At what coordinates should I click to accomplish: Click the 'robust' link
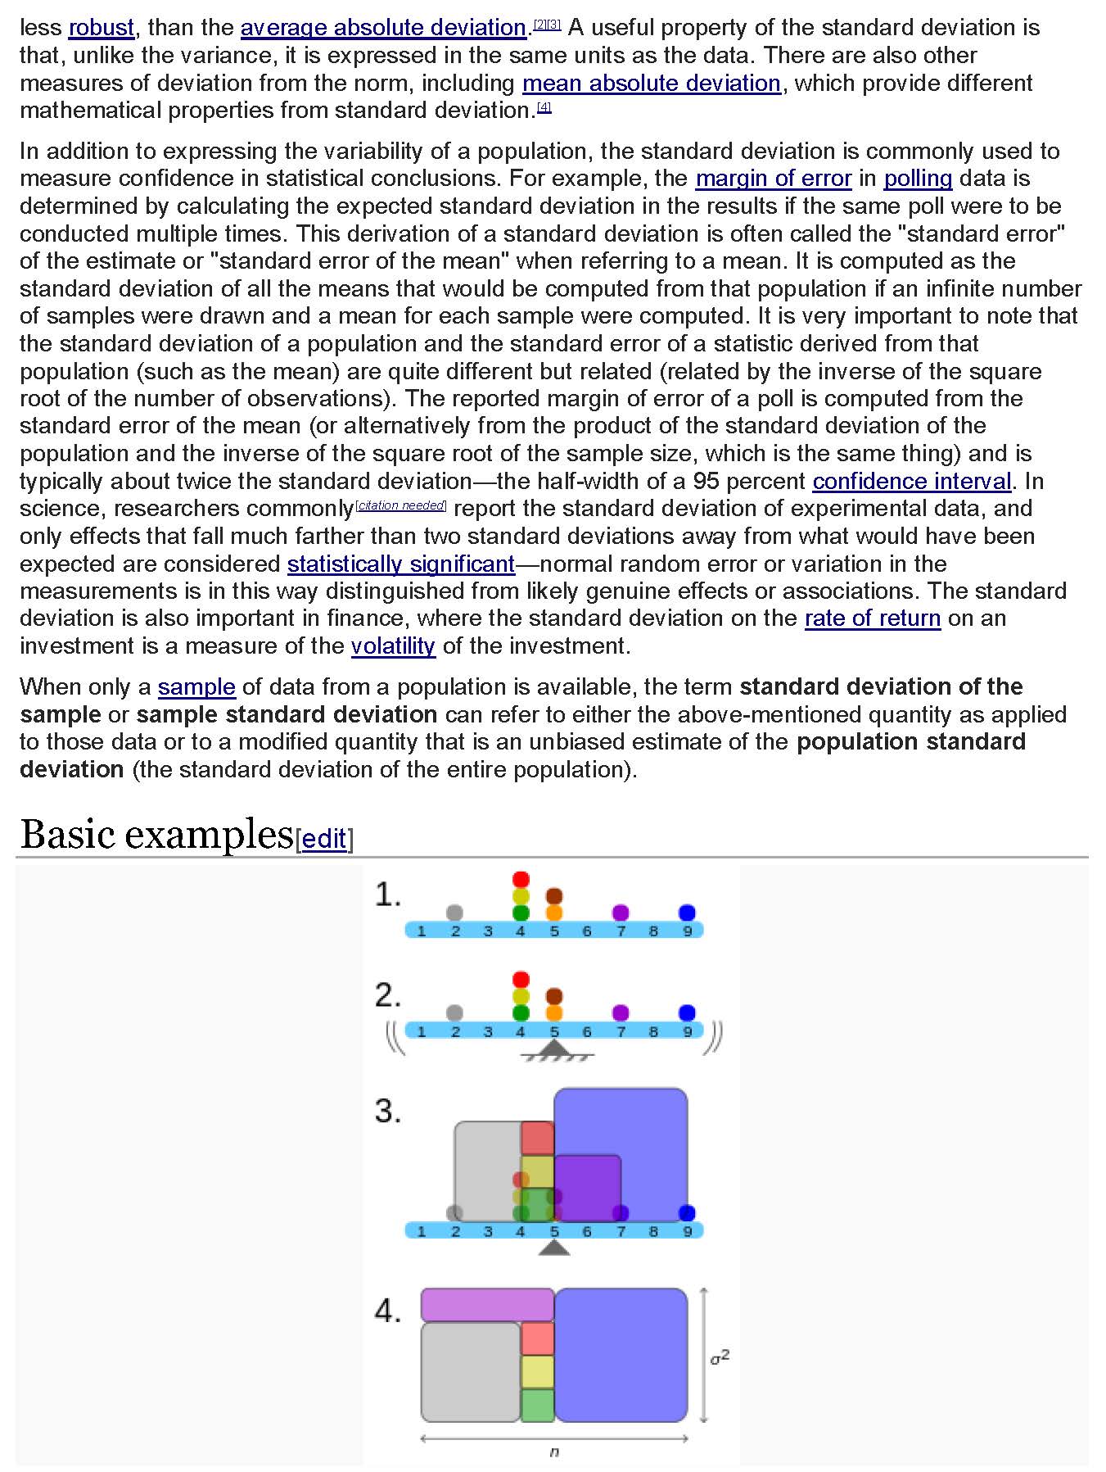[101, 28]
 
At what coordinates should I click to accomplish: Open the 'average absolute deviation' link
[383, 28]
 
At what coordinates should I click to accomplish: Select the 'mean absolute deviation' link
[651, 84]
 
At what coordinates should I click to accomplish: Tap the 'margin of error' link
[773, 179]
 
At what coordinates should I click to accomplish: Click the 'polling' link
[917, 179]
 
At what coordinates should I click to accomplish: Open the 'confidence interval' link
[911, 481]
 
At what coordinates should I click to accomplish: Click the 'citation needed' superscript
[401, 505]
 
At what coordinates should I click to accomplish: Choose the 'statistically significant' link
[400, 564]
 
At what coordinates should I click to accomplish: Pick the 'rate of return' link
[872, 618]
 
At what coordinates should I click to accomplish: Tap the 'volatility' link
[393, 646]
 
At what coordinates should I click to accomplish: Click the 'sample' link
[196, 687]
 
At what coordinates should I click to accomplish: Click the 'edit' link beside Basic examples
[324, 840]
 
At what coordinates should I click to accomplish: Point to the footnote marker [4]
[544, 107]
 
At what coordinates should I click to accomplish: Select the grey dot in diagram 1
[454, 913]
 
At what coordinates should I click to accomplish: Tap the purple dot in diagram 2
[621, 1012]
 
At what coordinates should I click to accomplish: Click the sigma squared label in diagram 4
[720, 1358]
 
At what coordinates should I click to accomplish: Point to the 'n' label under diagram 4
[554, 1452]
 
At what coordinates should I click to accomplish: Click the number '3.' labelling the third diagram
[388, 1112]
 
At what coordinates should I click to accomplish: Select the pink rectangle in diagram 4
[487, 1304]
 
